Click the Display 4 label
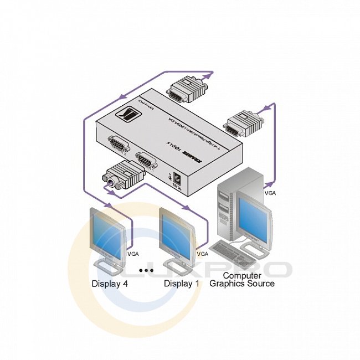[x=113, y=284]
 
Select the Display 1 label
[x=183, y=284]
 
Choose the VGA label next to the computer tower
[x=270, y=193]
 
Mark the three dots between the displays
[x=147, y=270]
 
